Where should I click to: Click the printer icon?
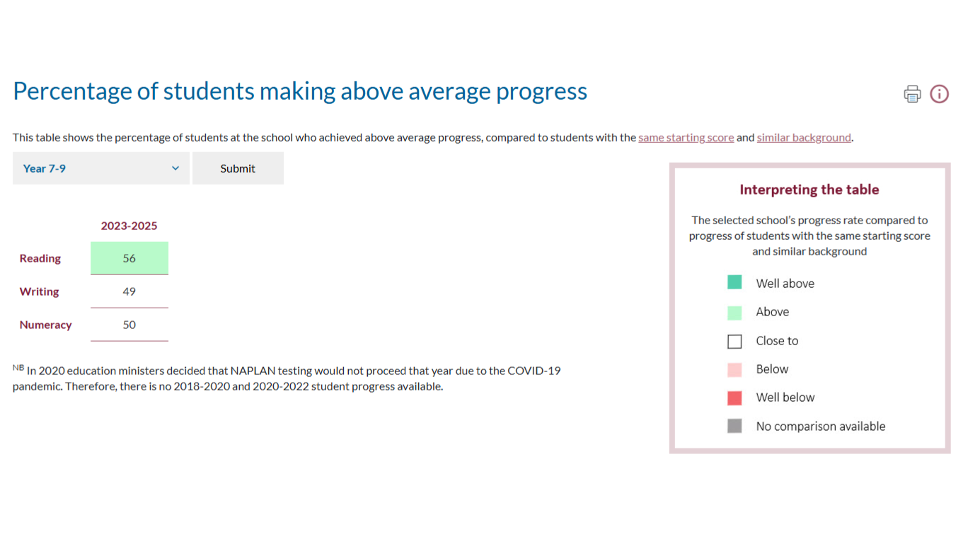912,94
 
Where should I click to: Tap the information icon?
939,94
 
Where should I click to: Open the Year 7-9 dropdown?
101,168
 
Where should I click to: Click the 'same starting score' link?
686,137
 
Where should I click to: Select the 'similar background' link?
804,137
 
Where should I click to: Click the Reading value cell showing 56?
129,258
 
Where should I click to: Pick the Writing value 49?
129,291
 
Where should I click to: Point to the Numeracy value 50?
129,325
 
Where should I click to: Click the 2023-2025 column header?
129,226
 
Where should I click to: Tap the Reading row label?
40,258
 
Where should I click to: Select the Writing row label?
40,291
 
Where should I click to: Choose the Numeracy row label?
45,325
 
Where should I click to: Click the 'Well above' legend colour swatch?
734,282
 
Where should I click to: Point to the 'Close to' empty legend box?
734,335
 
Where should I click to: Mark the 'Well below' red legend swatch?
734,398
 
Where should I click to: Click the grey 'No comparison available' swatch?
734,426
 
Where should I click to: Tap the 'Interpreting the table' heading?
809,190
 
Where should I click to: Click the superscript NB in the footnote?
18,367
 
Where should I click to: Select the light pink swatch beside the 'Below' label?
734,369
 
